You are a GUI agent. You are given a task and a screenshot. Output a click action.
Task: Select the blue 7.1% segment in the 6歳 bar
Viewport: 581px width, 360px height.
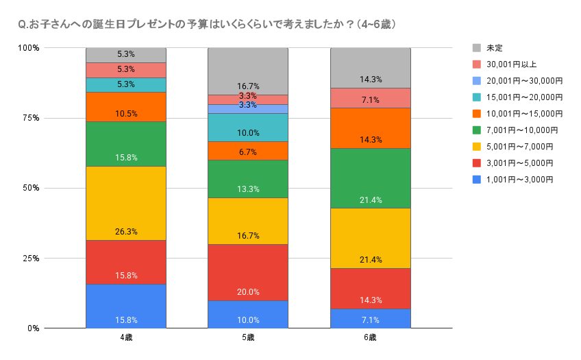coord(370,318)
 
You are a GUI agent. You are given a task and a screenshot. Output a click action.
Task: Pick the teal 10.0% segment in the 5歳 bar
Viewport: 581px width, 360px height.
coord(248,128)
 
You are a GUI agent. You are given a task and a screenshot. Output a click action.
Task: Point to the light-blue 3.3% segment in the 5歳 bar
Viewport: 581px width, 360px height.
coord(248,109)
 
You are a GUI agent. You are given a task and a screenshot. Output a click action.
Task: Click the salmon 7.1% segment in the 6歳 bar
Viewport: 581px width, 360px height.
coord(370,98)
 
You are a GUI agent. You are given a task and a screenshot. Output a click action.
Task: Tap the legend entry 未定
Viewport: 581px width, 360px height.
coord(494,48)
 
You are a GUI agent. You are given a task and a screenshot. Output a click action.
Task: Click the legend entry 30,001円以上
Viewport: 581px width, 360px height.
coord(513,64)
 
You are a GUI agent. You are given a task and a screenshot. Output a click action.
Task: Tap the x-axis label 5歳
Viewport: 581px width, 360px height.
coord(248,338)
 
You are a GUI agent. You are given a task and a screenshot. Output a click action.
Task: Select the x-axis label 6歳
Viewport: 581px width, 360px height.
coord(370,338)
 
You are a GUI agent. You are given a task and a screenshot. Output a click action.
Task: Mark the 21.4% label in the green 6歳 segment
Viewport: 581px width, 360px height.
coord(370,200)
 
